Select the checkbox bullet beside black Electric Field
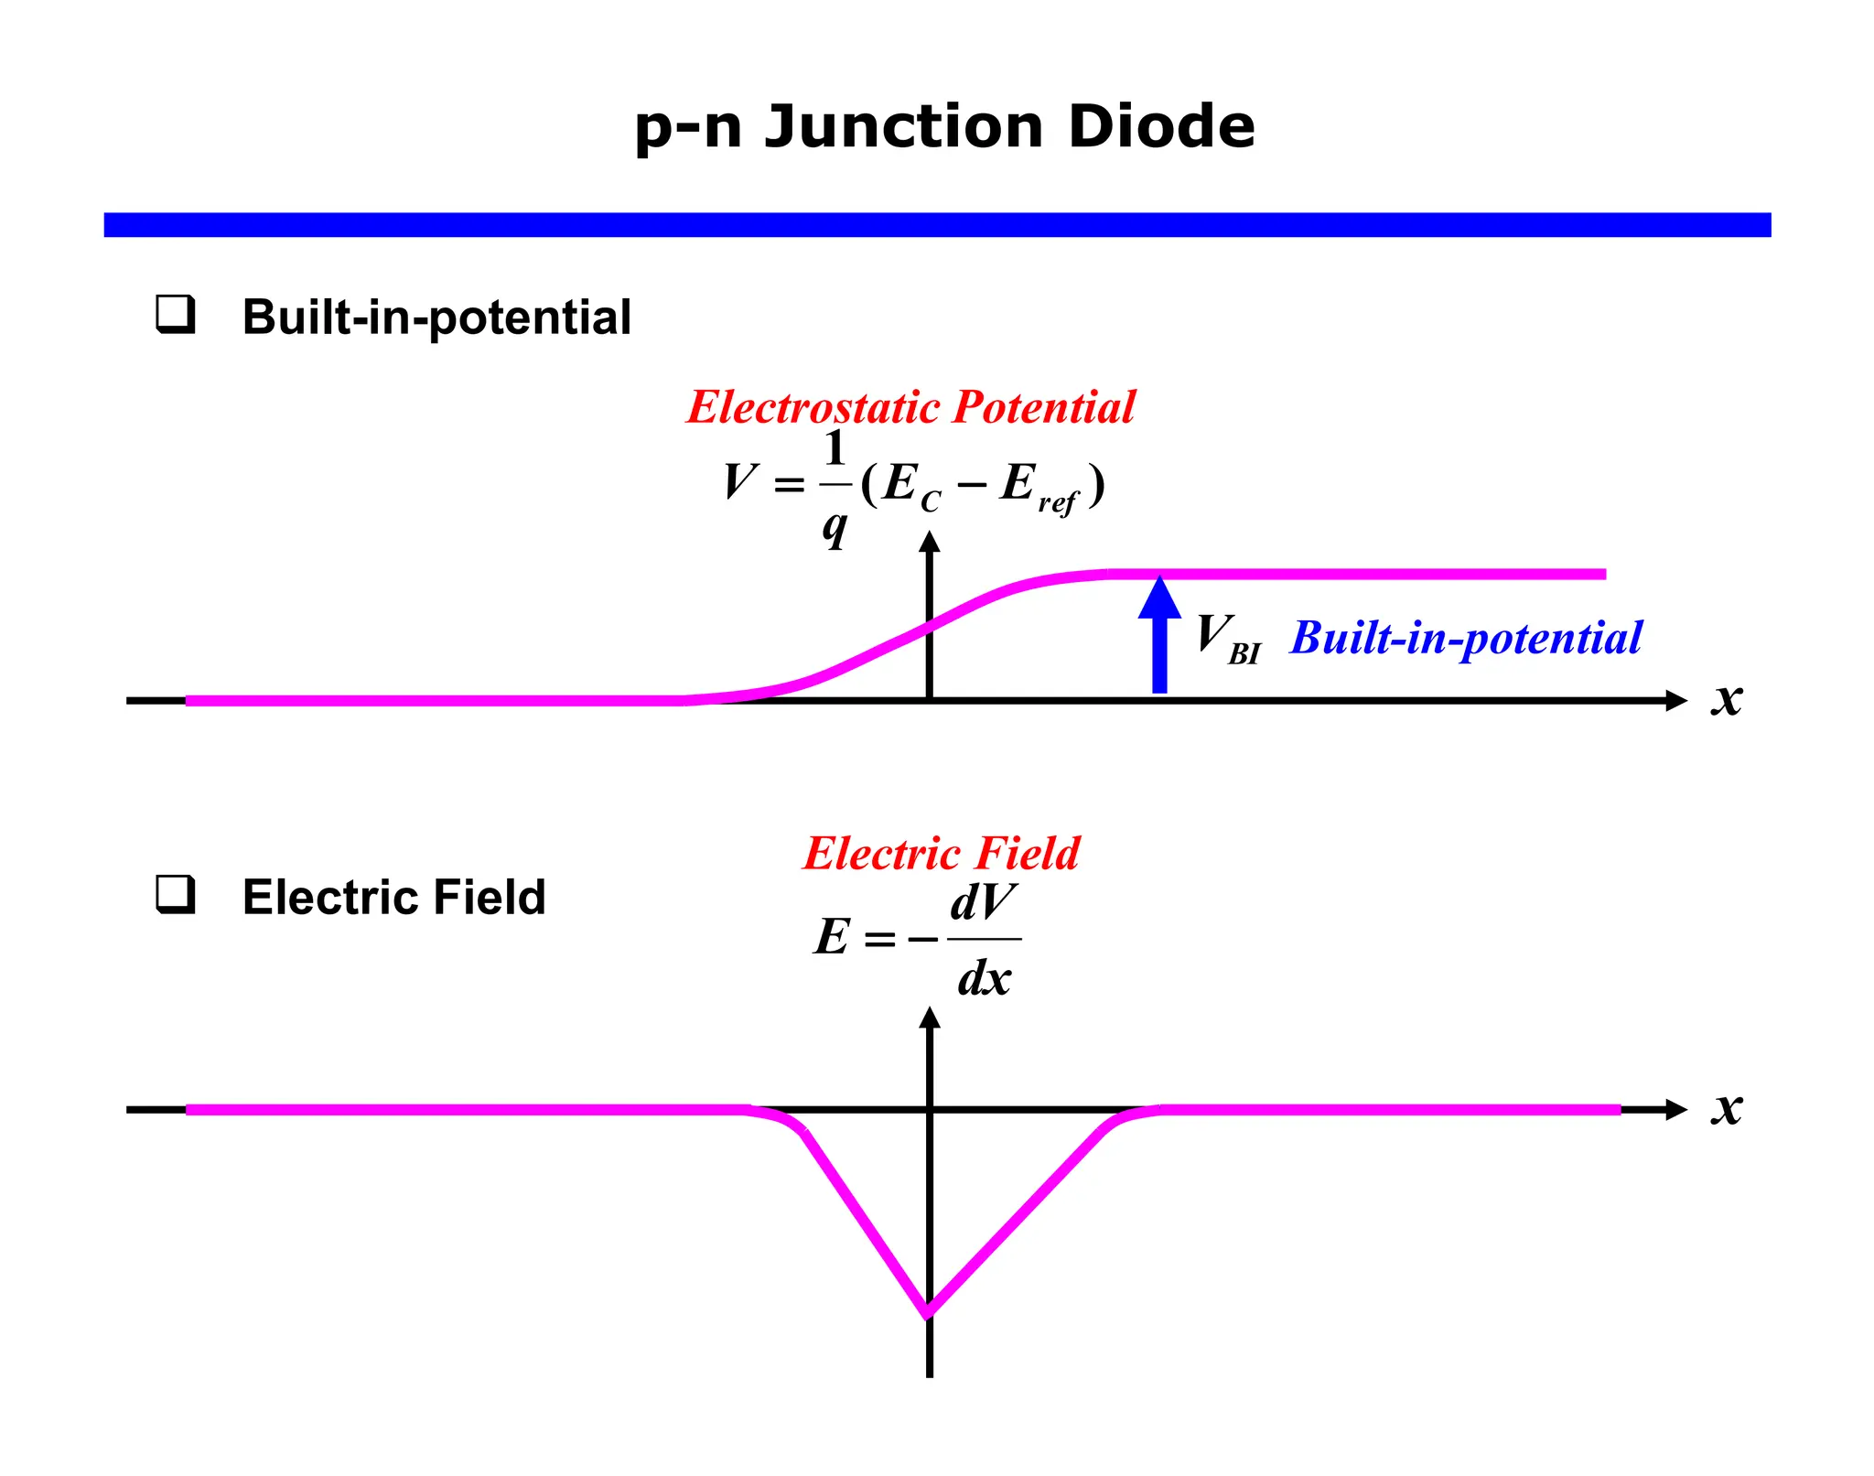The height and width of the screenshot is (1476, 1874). pos(175,894)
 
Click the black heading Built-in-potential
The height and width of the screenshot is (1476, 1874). pos(436,318)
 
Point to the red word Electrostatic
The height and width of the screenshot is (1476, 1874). pos(813,407)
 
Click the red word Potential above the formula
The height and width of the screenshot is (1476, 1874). pos(1043,407)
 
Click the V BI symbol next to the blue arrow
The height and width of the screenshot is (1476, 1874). pos(1226,638)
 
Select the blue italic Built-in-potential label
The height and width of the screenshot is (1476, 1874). pos(1465,638)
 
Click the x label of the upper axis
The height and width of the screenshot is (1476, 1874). pos(1727,699)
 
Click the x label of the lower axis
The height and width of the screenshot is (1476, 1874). pos(1727,1108)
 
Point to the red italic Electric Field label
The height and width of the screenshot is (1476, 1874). pos(941,853)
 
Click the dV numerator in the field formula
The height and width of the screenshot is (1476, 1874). pos(984,903)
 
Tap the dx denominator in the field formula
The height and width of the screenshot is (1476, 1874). pos(984,978)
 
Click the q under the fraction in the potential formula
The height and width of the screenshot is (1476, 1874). pos(834,526)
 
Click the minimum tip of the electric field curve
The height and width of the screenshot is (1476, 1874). pos(928,1313)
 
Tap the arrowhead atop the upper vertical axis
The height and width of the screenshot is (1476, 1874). pos(930,542)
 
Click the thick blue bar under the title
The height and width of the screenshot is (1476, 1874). pos(937,224)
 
